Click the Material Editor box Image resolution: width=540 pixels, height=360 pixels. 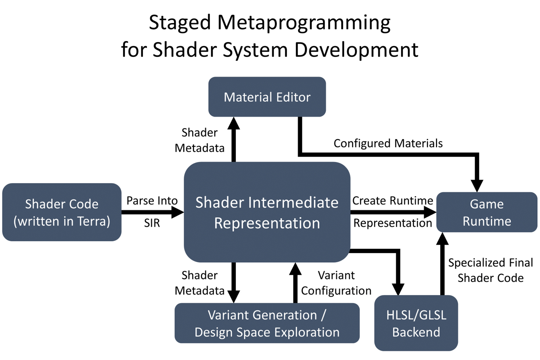(x=267, y=97)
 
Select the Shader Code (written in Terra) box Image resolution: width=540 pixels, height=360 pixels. (x=62, y=212)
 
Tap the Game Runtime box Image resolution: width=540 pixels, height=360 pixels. (x=487, y=212)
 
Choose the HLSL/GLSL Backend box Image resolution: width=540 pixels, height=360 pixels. (x=416, y=323)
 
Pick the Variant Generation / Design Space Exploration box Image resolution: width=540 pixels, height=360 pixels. (x=267, y=323)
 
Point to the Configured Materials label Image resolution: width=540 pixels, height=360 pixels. (x=388, y=143)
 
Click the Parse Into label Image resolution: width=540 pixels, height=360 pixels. (x=152, y=201)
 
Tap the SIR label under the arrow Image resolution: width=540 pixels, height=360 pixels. (x=152, y=223)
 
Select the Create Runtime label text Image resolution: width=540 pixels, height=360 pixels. (x=393, y=201)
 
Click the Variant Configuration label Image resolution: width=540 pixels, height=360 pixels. (x=336, y=283)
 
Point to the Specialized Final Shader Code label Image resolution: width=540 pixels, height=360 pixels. (x=490, y=270)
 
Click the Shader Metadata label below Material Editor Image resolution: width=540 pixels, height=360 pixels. (x=200, y=140)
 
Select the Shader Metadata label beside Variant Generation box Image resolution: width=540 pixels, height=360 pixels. (x=200, y=283)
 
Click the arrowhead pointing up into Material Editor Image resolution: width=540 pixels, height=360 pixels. (x=234, y=124)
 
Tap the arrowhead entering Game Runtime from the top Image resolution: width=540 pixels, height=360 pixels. (x=477, y=185)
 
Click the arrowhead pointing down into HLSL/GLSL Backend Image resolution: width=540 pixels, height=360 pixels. (x=398, y=289)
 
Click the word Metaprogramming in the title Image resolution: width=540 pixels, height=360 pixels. (x=304, y=23)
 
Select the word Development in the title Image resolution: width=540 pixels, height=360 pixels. (x=356, y=50)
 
